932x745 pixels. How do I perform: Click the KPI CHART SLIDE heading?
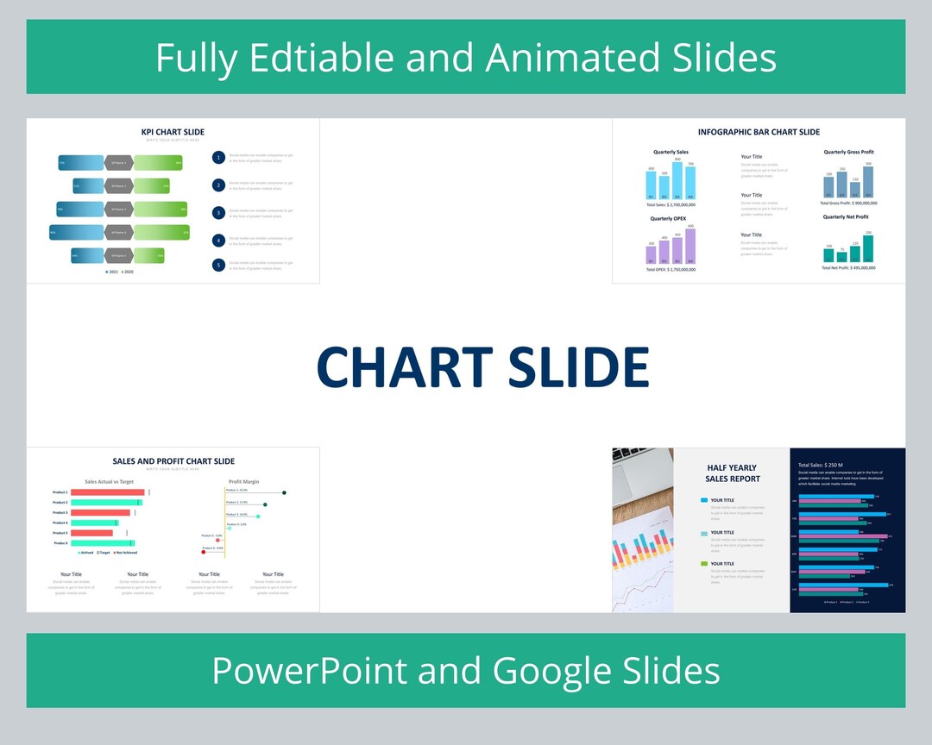tap(173, 132)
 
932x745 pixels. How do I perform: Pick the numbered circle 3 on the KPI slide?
tap(219, 212)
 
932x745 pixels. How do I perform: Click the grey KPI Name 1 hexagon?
tap(118, 162)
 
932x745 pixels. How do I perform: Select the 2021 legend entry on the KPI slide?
tap(110, 272)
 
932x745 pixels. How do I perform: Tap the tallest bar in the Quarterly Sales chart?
tap(677, 181)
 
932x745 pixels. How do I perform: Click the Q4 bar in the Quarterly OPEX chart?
tap(690, 247)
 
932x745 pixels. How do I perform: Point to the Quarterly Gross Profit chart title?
tap(848, 152)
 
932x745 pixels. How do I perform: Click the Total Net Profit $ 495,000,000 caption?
tap(848, 267)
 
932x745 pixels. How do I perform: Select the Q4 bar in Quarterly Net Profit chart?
tap(868, 248)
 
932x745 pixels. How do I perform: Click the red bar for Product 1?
tap(107, 492)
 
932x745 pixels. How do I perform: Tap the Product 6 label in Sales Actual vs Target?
tap(60, 543)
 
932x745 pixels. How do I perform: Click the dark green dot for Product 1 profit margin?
tap(284, 492)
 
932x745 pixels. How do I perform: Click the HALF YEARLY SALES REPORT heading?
tap(732, 473)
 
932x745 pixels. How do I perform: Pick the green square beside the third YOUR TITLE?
tap(704, 564)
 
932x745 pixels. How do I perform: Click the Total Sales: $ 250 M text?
tap(820, 465)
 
